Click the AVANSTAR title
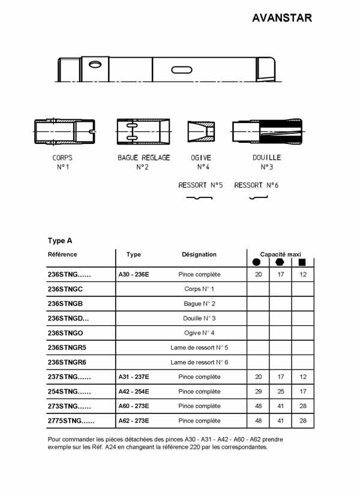(281, 18)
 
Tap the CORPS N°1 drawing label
(62, 163)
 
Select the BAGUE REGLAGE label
(143, 158)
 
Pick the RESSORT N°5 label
(200, 185)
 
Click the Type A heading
(60, 241)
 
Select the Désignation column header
(199, 254)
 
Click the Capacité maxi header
(280, 254)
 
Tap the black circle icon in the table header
(257, 263)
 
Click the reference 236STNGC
(65, 289)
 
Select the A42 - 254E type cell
(134, 392)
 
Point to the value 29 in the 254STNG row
(258, 392)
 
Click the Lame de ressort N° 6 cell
(199, 362)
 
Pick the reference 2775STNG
(71, 421)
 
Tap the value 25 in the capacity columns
(280, 392)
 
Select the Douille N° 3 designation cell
(199, 319)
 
